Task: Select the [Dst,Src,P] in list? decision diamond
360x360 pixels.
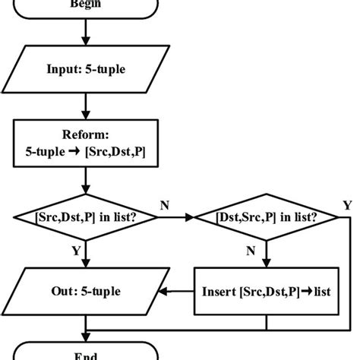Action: coord(266,217)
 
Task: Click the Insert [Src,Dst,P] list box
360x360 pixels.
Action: coord(266,290)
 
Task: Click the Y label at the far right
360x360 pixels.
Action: coord(347,205)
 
